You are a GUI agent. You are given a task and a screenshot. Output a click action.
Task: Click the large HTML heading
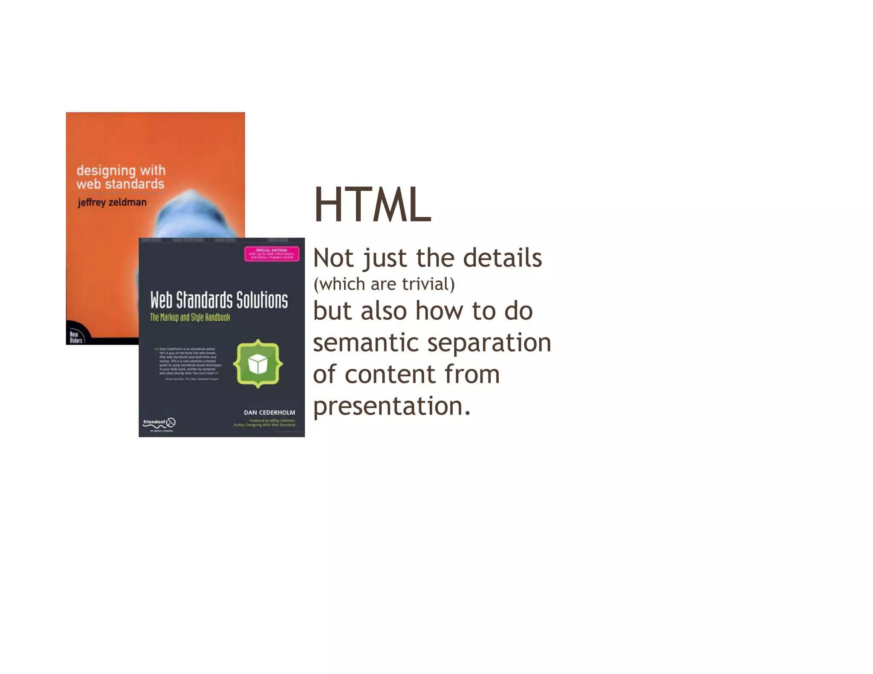(x=373, y=205)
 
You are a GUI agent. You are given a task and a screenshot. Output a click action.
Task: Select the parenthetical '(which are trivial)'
(x=384, y=284)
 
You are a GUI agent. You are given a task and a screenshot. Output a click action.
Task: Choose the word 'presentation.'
(x=392, y=406)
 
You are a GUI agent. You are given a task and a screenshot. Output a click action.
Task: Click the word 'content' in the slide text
(x=390, y=374)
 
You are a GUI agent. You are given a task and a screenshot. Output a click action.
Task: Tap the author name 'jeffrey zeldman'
(x=112, y=202)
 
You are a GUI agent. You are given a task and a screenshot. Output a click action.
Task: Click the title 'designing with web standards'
(x=121, y=177)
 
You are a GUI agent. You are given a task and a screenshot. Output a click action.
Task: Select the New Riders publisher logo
(x=76, y=337)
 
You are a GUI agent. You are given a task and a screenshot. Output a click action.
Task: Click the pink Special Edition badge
(x=272, y=254)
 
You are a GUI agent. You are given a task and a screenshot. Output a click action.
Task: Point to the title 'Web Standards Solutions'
(x=219, y=300)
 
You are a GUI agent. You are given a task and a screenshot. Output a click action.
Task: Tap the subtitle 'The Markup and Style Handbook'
(x=190, y=317)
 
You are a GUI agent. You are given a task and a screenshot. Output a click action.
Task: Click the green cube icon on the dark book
(x=258, y=364)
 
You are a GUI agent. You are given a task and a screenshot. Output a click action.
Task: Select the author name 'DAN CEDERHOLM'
(x=269, y=412)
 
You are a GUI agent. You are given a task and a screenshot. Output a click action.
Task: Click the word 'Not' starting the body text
(x=333, y=258)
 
